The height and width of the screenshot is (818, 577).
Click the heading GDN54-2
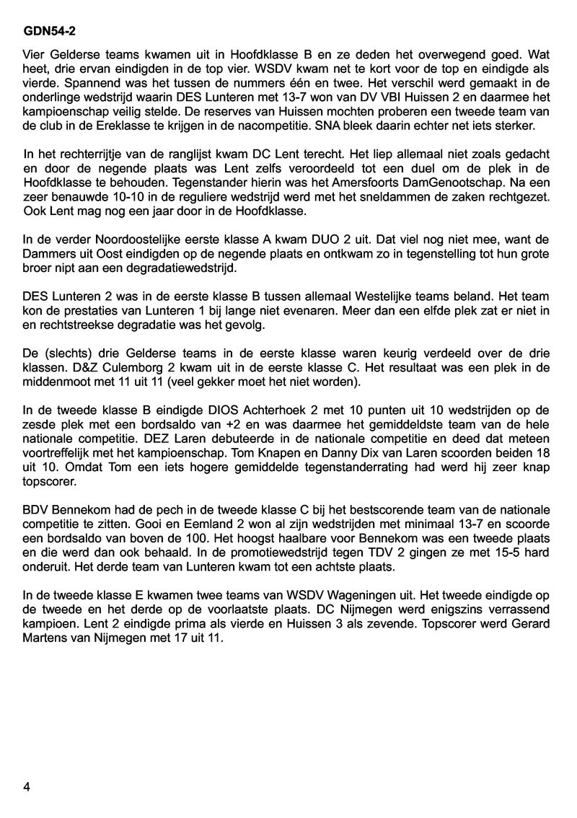pyautogui.click(x=50, y=32)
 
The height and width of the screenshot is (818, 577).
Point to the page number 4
pyautogui.click(x=27, y=786)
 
